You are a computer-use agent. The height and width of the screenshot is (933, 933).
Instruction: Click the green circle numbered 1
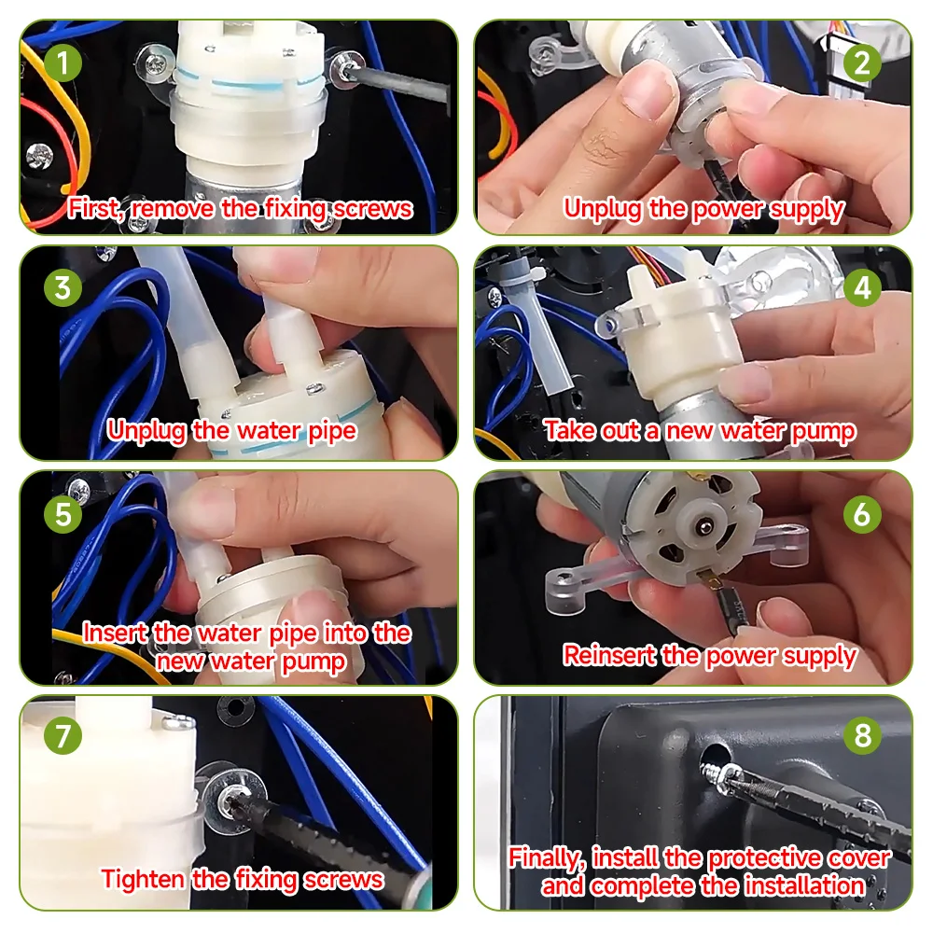tap(63, 63)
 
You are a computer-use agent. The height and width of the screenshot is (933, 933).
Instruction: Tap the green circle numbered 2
tap(862, 63)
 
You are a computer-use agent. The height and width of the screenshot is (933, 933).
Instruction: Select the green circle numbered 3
tap(63, 288)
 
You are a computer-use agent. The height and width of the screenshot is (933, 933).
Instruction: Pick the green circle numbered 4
tap(862, 288)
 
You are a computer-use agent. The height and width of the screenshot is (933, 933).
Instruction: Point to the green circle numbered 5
tap(63, 515)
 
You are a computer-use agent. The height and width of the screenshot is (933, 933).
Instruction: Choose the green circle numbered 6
tap(862, 515)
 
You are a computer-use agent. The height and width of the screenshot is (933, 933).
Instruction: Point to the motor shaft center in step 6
tap(706, 527)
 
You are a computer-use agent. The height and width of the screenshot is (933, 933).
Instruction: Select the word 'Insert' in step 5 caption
tap(114, 633)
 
